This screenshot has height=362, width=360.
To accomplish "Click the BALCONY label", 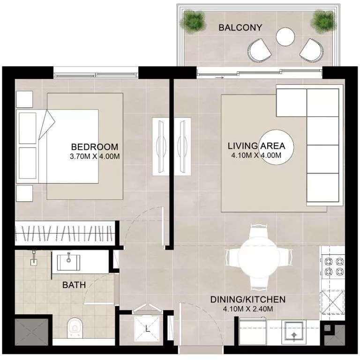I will [240, 28].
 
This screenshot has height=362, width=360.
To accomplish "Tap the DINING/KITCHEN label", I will [248, 299].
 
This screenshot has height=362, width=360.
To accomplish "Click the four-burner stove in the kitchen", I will [333, 267].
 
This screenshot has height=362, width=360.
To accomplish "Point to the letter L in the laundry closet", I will [148, 328].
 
